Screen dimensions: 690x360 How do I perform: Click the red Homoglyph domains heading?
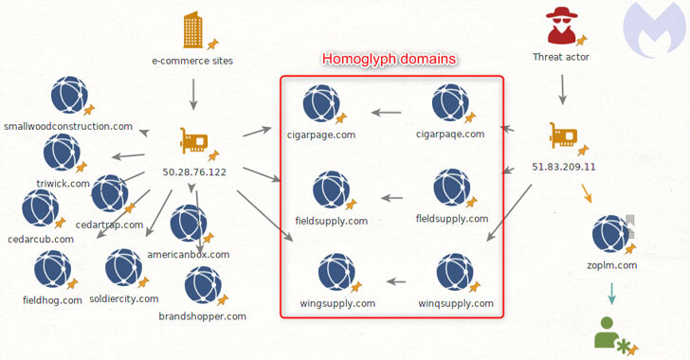point(389,59)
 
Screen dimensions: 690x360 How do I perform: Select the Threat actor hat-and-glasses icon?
point(561,26)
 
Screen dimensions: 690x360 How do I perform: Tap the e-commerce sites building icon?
point(193,29)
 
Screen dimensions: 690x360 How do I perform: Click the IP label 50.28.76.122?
point(194,172)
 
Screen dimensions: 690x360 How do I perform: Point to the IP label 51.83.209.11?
point(563,167)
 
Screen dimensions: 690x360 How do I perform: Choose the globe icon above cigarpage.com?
point(321,104)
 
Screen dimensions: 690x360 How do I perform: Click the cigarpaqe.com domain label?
point(450,135)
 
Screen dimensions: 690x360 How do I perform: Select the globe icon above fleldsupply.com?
point(452,188)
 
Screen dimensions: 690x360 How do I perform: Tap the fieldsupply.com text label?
point(332,221)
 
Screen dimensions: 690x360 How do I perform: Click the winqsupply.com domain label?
point(456,303)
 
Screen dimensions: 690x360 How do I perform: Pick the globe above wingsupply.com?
point(336,272)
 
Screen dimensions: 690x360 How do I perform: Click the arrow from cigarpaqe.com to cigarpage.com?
point(386,113)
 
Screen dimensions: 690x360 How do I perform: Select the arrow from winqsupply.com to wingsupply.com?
point(396,281)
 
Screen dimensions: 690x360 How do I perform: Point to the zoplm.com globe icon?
point(610,234)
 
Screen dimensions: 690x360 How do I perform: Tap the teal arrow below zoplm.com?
point(611,294)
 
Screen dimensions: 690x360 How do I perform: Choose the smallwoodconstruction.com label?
point(68,126)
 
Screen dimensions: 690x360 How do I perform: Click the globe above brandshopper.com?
point(203,285)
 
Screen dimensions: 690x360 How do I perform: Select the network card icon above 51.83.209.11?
point(563,135)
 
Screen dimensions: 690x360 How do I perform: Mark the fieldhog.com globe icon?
point(53,269)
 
